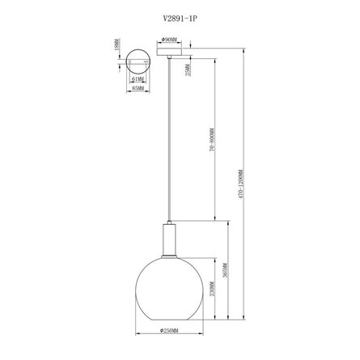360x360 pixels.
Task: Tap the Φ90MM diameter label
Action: tap(170, 38)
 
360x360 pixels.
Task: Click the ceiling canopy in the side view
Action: tap(171, 50)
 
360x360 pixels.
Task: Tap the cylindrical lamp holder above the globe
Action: tap(169, 238)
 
